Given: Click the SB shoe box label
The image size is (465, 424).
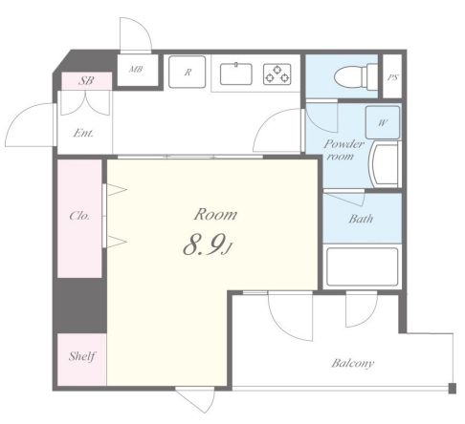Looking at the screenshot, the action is (86, 80).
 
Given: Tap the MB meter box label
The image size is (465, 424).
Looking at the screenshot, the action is (136, 69).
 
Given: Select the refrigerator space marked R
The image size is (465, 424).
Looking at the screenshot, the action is (187, 72).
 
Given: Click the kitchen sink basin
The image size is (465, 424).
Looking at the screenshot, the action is (236, 74).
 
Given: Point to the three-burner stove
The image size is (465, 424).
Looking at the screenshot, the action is (277, 74).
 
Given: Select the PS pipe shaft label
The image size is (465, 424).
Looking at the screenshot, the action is (392, 77).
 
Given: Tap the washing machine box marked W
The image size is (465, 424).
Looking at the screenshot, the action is (383, 122).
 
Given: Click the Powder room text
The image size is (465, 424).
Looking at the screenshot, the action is (343, 150).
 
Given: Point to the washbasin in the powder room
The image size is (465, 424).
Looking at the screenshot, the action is (384, 165).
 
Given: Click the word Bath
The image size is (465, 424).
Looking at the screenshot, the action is (361, 219).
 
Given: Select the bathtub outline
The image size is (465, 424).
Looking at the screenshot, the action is (362, 266).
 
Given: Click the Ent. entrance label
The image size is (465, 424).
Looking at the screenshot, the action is (83, 133).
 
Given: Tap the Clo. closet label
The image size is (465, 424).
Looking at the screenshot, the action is (79, 216).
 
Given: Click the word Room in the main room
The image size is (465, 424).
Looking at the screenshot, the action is (215, 214).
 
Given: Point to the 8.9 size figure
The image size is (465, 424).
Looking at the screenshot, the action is (203, 245).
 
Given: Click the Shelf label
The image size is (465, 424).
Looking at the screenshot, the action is (82, 356).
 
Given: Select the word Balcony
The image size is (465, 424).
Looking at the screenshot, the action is (352, 363).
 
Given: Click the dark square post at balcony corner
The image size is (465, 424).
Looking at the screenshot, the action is (452, 389).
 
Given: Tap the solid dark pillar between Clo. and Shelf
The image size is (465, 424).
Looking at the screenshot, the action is (79, 306).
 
